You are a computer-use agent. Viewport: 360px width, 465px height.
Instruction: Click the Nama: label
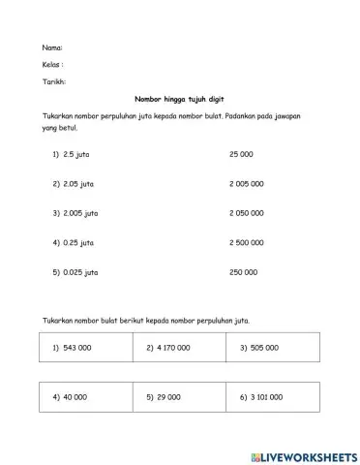point(52,46)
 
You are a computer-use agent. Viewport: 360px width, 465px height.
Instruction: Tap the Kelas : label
point(54,64)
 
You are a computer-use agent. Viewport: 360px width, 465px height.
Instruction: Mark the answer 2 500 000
point(247,242)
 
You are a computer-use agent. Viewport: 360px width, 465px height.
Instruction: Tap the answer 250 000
point(244,272)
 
